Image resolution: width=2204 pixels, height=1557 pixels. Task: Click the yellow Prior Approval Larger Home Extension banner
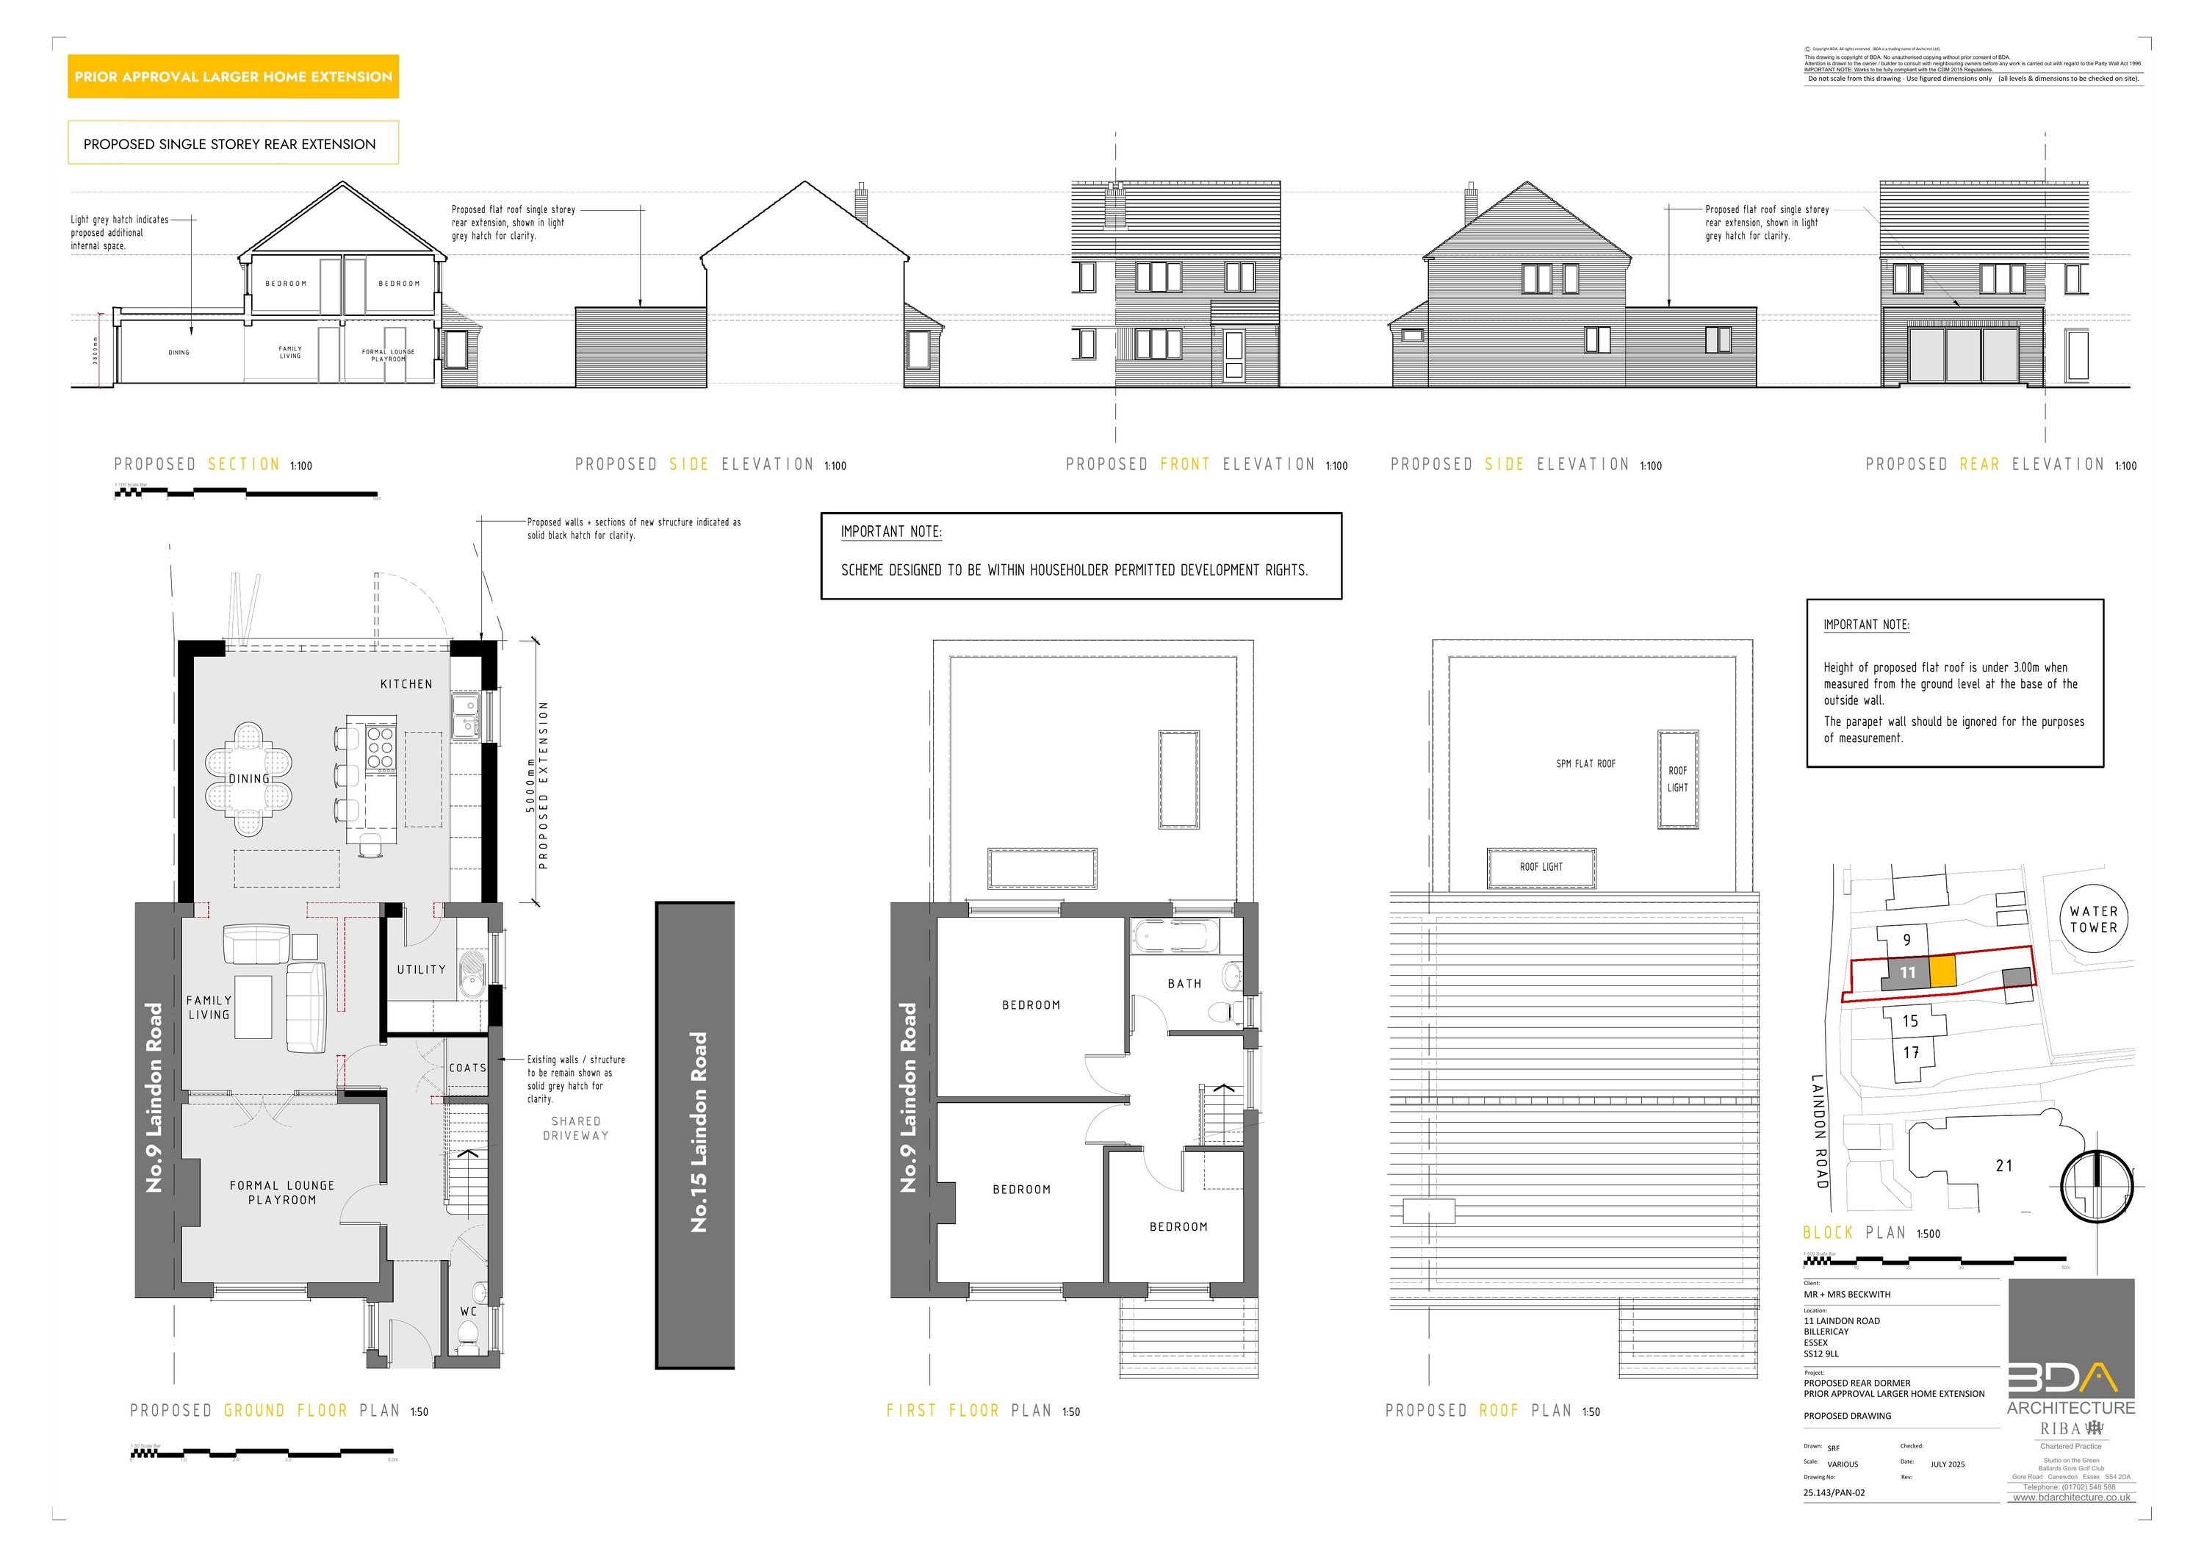tap(232, 77)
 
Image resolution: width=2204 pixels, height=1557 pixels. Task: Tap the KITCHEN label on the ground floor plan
tap(406, 684)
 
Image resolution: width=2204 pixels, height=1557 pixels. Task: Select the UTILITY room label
tap(422, 969)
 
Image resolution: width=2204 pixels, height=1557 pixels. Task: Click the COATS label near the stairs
tap(467, 1068)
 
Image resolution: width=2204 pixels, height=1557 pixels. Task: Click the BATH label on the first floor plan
tap(1184, 984)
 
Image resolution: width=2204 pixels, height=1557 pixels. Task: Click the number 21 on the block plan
tap(2003, 1165)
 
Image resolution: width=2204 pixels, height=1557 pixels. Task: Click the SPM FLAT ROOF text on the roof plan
tap(1586, 764)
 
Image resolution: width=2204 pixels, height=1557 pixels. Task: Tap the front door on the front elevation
tap(1234, 355)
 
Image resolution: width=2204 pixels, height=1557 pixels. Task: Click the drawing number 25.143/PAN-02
tap(1834, 1492)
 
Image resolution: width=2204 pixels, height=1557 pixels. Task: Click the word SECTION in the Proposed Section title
tap(244, 464)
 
